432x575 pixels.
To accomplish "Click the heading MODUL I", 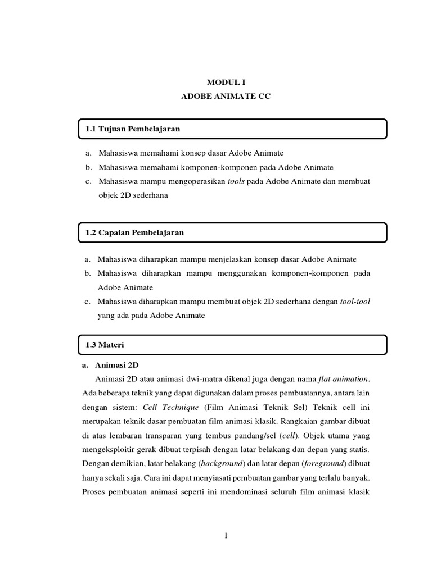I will [x=226, y=83].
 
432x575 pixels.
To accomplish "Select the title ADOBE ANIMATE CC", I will [x=226, y=97].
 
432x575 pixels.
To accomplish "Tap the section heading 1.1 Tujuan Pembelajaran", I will [x=133, y=129].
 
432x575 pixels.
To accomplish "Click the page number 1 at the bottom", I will [x=226, y=536].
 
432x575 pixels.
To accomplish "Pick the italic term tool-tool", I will [x=355, y=301].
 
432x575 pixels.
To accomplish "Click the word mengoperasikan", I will [x=192, y=182].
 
